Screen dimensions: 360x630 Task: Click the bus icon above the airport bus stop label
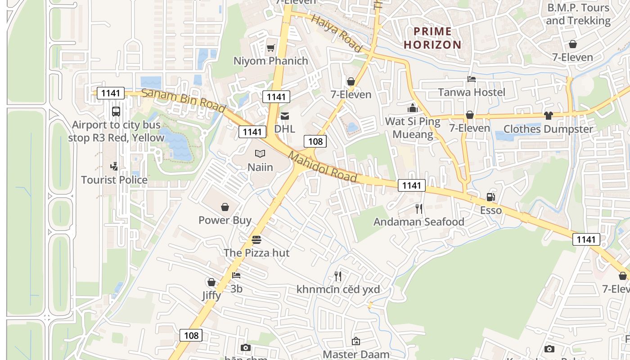pyautogui.click(x=116, y=111)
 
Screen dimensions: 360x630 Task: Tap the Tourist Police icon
pyautogui.click(x=114, y=166)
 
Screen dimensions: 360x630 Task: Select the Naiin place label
pyautogui.click(x=260, y=167)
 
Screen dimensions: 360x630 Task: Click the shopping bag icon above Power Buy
pyautogui.click(x=225, y=207)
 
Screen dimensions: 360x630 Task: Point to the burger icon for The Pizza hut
pyautogui.click(x=256, y=239)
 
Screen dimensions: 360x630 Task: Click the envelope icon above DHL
pyautogui.click(x=284, y=116)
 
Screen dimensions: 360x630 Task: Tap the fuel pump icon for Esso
pyautogui.click(x=490, y=197)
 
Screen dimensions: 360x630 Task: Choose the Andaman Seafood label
pyautogui.click(x=419, y=222)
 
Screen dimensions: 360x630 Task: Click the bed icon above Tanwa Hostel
pyautogui.click(x=471, y=79)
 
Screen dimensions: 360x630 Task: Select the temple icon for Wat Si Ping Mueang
pyautogui.click(x=412, y=108)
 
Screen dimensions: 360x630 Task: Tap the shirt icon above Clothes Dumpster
pyautogui.click(x=548, y=116)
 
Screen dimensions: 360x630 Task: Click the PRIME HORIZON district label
pyautogui.click(x=432, y=38)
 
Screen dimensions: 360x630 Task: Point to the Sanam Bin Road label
pyautogui.click(x=183, y=101)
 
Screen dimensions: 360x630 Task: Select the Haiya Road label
pyautogui.click(x=337, y=33)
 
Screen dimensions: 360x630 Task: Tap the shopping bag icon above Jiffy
pyautogui.click(x=211, y=282)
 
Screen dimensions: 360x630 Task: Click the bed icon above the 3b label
pyautogui.click(x=236, y=275)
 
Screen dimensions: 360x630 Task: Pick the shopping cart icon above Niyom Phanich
pyautogui.click(x=270, y=48)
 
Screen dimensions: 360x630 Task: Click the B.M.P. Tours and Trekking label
pyautogui.click(x=578, y=14)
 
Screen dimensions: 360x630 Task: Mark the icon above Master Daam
pyautogui.click(x=355, y=341)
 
